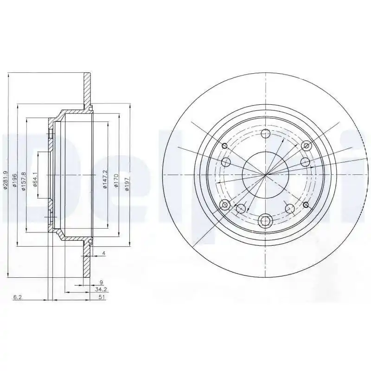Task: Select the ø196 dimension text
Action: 15,180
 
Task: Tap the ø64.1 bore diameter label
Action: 35,180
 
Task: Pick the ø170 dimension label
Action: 116,181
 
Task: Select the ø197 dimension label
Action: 127,184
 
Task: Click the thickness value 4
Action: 103,253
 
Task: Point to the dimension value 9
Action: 101,282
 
